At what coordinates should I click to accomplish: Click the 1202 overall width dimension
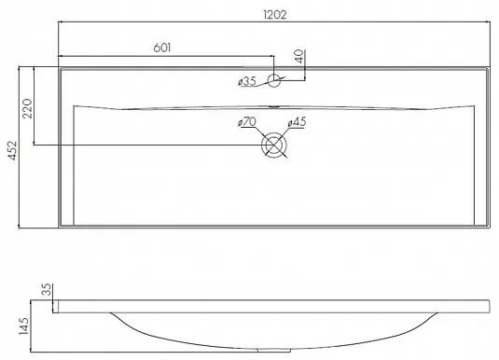(x=275, y=15)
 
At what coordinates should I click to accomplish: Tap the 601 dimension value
(x=162, y=48)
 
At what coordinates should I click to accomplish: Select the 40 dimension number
(x=299, y=56)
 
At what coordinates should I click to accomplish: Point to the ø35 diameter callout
(x=247, y=81)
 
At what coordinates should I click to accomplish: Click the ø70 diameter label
(x=247, y=121)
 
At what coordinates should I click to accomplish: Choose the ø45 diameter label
(x=297, y=121)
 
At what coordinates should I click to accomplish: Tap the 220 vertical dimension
(x=27, y=108)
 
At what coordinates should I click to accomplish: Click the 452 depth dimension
(x=12, y=150)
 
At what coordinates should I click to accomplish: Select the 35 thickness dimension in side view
(x=47, y=289)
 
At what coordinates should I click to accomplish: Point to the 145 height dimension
(x=23, y=325)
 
